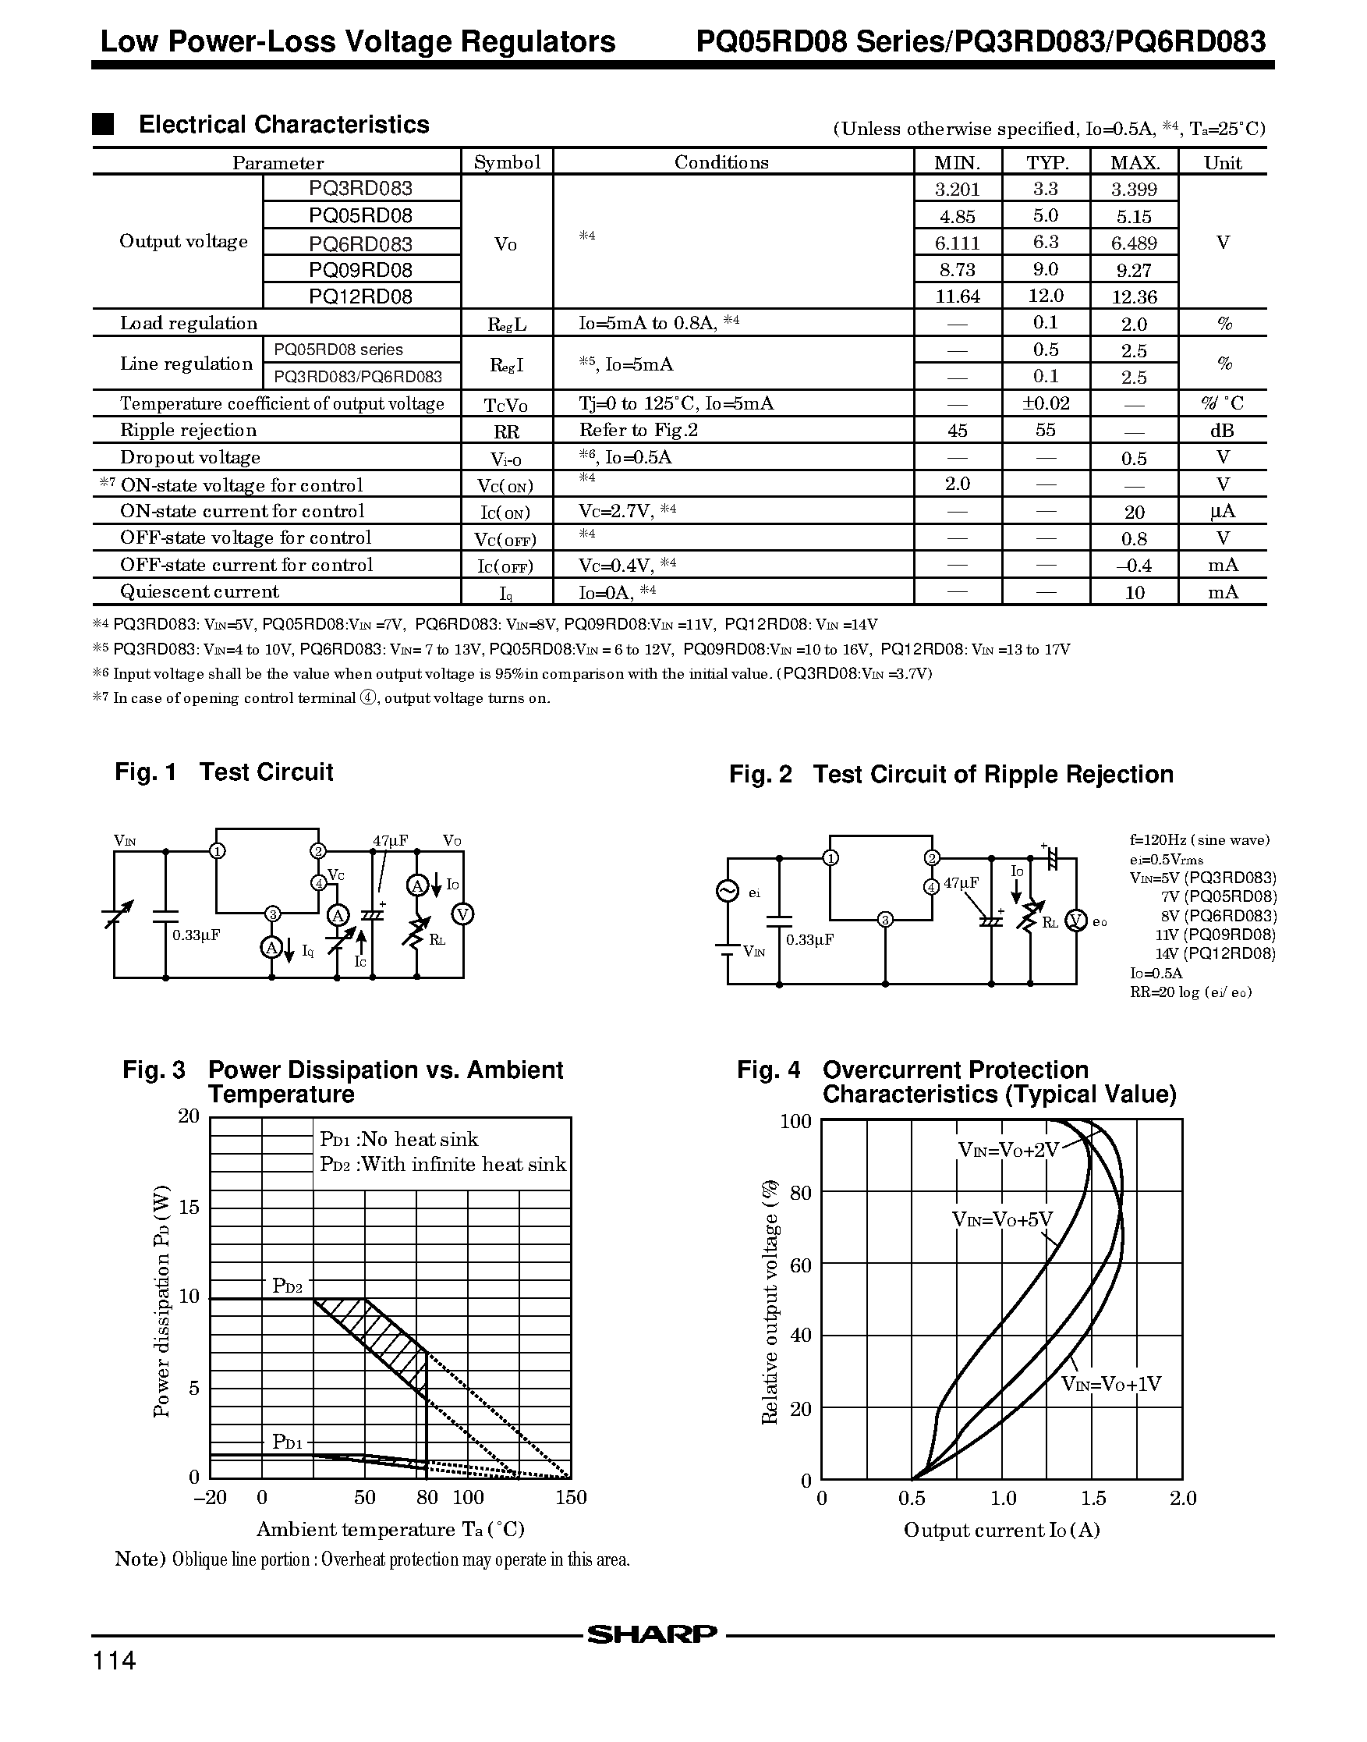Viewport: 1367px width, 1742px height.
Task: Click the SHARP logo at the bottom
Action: coord(652,1634)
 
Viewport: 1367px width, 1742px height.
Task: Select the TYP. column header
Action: coord(1046,162)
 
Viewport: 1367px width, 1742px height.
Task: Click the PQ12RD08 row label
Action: coord(361,296)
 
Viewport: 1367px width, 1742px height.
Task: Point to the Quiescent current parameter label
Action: coord(200,591)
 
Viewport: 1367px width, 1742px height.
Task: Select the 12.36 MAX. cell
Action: coord(1134,297)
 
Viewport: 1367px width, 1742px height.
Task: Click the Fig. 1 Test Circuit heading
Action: coord(224,772)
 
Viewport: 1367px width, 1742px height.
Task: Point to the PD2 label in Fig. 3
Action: coord(287,1286)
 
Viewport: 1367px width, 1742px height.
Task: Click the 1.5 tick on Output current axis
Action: coord(1093,1498)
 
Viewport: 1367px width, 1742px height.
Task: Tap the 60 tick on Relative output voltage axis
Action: coord(800,1265)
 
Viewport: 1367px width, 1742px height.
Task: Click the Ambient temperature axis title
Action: coord(390,1529)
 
